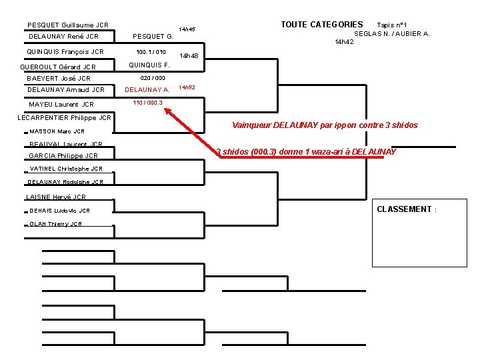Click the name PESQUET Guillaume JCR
coord(68,25)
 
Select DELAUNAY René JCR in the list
coord(64,37)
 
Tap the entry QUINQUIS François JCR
coord(65,52)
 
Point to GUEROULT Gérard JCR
coord(58,67)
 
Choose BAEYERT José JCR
coord(59,79)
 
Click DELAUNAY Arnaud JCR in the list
coord(66,90)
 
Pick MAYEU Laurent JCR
coord(61,105)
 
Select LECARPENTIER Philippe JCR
coord(64,118)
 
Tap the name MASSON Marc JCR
coord(57,131)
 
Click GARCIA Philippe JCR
coord(63,156)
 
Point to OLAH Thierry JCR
coord(56,224)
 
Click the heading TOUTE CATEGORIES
coord(322,25)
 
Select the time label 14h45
coord(187,30)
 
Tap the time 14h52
coord(187,87)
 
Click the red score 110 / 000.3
coord(147,103)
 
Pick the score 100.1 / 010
coord(151,52)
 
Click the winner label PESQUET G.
coord(153,37)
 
